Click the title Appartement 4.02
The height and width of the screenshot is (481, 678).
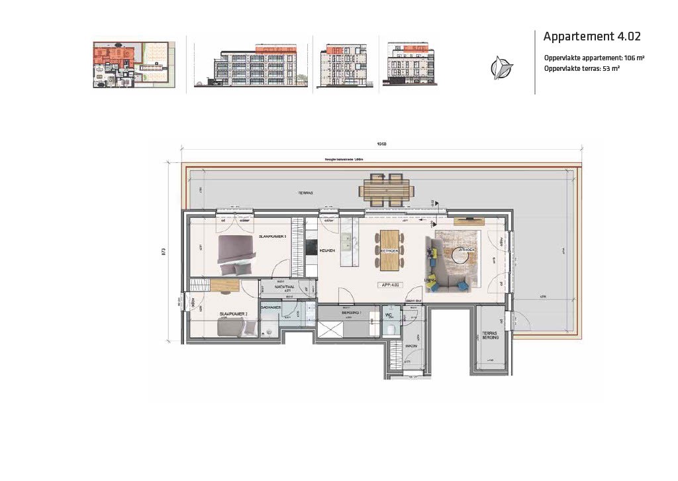591,36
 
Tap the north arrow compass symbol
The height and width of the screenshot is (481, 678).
501,68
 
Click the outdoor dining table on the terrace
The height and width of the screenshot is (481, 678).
387,191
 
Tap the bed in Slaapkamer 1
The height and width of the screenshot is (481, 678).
236,255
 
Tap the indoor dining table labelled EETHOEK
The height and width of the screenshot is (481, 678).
389,250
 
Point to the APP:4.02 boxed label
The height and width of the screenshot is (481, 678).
391,285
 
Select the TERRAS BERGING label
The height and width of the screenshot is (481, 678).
490,335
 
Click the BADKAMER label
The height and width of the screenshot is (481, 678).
272,307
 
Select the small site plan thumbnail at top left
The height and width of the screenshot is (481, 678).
134,64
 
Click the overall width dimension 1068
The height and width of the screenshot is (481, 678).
381,144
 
